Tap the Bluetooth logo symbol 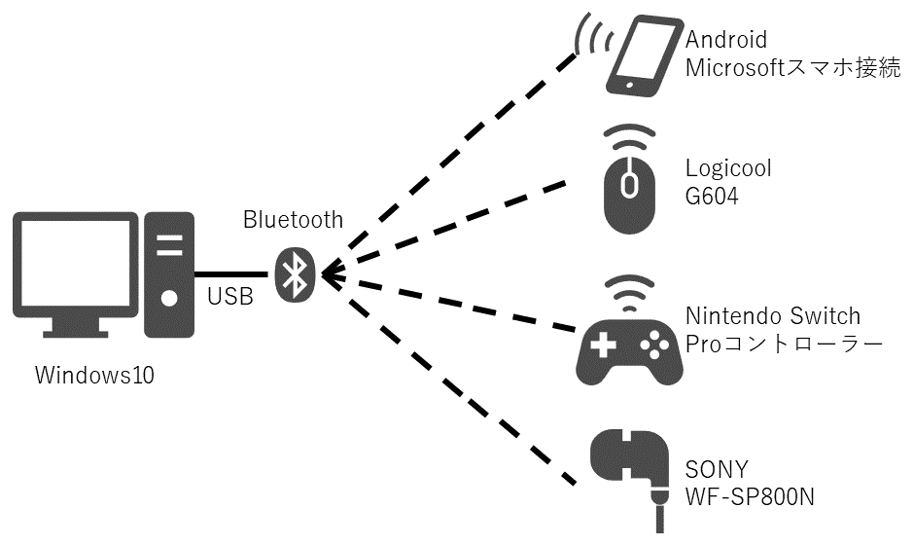point(294,273)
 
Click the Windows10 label point(94,375)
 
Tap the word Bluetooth point(293,220)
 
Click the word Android point(726,40)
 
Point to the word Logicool point(728,168)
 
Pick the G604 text point(712,197)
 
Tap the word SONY point(714,468)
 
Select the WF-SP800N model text point(749,496)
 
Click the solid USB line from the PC point(231,273)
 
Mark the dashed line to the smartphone point(457,156)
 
